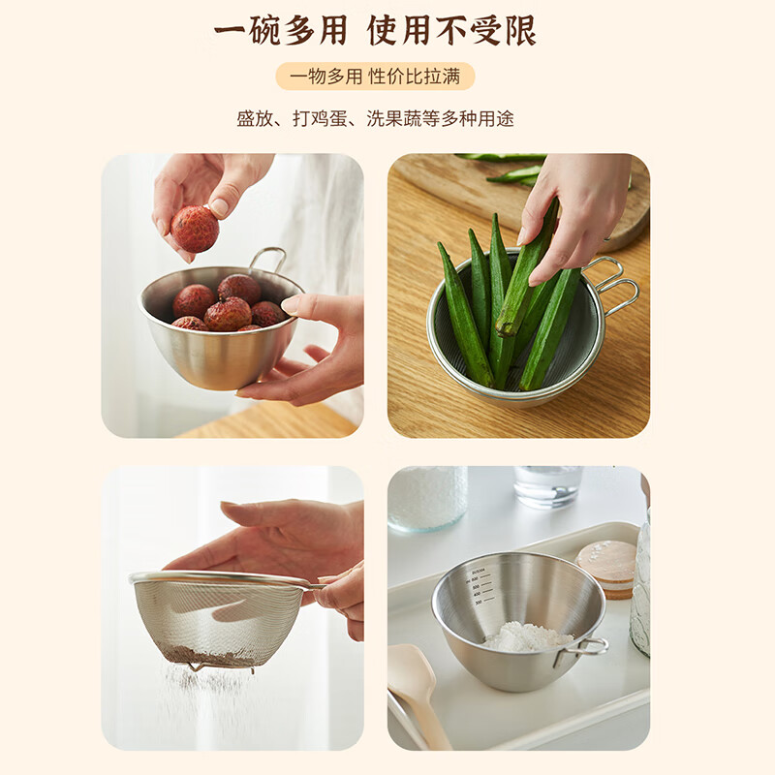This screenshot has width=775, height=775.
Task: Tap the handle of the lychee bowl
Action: click(x=268, y=257)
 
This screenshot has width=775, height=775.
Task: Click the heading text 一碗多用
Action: click(x=280, y=32)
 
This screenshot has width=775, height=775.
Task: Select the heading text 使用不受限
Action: click(x=451, y=32)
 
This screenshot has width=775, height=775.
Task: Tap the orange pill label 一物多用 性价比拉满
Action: click(x=375, y=77)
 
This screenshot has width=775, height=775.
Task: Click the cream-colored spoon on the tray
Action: click(x=418, y=683)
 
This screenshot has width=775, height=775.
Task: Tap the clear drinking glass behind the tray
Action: click(x=547, y=485)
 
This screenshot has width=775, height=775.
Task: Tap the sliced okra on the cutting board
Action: click(x=513, y=174)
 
